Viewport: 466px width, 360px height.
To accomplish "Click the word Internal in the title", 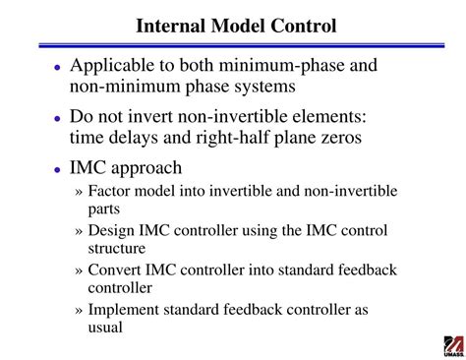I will [167, 22].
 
